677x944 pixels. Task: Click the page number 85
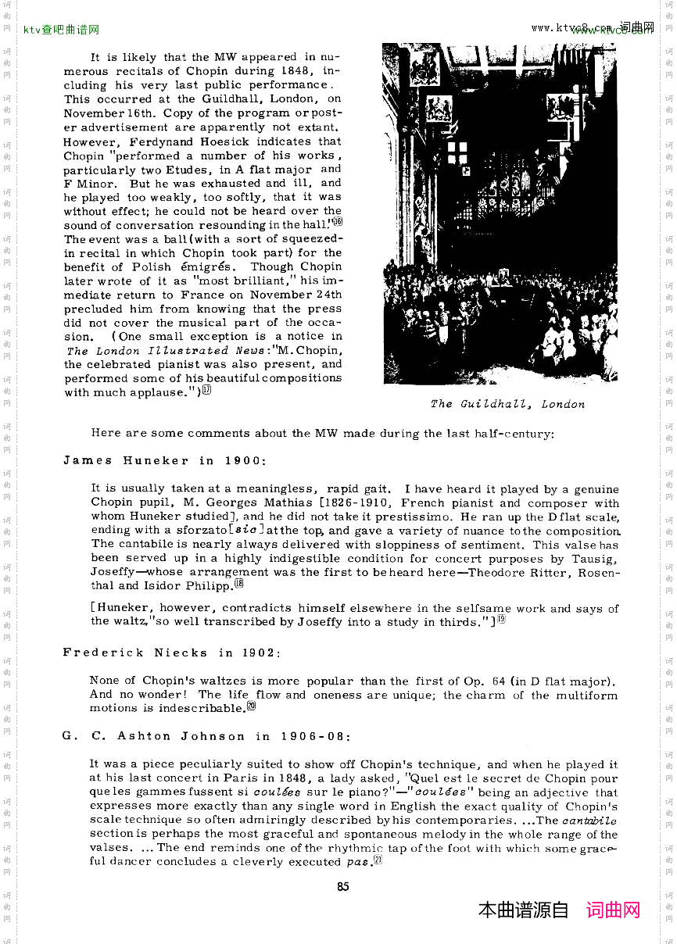coord(342,886)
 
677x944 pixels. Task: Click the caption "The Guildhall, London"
coord(507,404)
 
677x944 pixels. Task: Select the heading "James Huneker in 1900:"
coord(165,460)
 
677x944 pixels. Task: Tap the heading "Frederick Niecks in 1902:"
coord(172,653)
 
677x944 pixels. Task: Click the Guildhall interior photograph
coord(500,213)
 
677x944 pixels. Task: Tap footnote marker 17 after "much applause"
coord(206,392)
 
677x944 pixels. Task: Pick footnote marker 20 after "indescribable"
coord(252,707)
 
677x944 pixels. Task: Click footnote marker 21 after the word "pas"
coord(378,861)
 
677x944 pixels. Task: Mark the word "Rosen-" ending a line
coord(598,572)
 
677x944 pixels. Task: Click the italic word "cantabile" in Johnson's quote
coord(589,820)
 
